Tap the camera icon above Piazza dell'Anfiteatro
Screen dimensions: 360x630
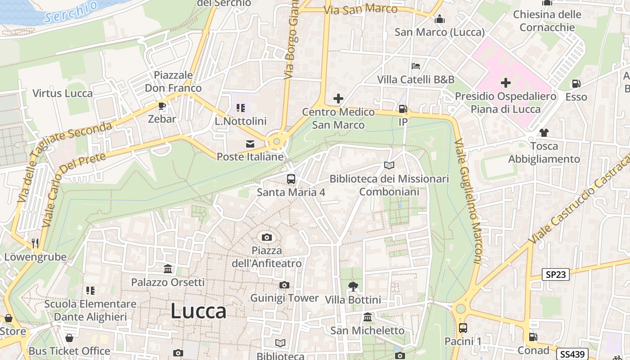267,237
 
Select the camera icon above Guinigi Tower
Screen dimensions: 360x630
284,285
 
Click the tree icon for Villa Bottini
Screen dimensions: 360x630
353,286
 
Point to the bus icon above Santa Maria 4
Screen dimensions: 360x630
291,179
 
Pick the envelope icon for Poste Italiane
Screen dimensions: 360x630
250,144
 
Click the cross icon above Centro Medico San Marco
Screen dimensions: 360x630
338,99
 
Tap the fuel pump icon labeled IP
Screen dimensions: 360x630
403,109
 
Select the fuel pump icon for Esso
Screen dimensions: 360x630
576,84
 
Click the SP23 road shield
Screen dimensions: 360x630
556,274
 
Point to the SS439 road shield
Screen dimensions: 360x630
572,354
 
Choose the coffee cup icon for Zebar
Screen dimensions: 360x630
162,106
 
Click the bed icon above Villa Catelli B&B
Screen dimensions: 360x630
416,66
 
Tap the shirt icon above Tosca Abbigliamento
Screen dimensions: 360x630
544,132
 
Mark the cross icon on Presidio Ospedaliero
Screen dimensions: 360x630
506,83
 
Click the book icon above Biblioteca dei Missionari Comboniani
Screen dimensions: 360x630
389,165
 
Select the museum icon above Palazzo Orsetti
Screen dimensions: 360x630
168,269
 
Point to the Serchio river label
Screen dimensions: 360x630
71,12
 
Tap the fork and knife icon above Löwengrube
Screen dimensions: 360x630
35,243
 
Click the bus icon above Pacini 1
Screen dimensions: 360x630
463,328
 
